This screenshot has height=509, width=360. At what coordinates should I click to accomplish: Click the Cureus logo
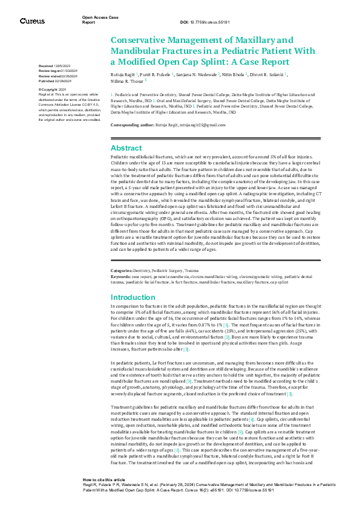pos(31,21)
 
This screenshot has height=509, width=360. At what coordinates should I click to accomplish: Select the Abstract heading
pos(126,148)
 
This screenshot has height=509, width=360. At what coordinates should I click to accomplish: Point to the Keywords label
pos(122,275)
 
